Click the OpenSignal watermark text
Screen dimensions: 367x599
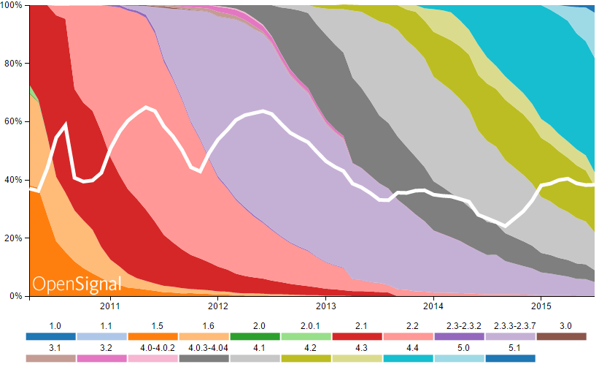[77, 284]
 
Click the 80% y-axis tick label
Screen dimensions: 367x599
[14, 63]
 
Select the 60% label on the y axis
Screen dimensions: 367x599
[14, 121]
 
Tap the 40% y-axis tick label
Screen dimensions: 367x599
[14, 180]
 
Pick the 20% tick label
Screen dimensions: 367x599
[14, 238]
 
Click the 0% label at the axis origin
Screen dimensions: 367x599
[16, 296]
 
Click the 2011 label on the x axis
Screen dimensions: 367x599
[110, 307]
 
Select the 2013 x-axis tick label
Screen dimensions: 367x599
[325, 307]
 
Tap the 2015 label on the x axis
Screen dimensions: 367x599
[541, 307]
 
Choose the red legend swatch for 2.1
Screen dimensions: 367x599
[357, 337]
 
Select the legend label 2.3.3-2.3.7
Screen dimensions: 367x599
[510, 325]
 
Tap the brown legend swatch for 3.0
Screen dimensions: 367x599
[561, 337]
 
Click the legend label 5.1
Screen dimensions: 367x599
[510, 347]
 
